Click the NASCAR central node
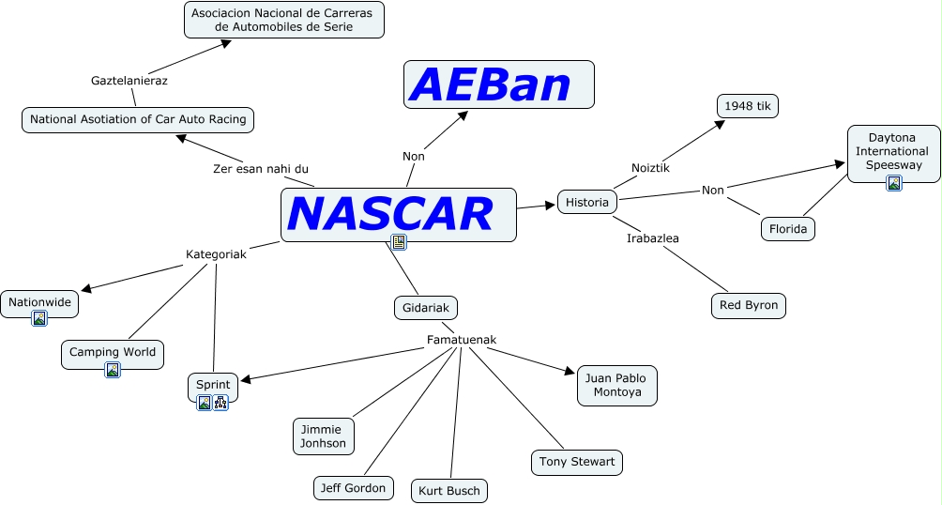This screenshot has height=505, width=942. [x=398, y=214]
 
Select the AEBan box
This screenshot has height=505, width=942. [x=498, y=84]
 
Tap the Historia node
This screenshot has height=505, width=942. [x=588, y=202]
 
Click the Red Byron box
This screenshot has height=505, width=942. [x=748, y=305]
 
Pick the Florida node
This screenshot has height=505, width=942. [x=787, y=228]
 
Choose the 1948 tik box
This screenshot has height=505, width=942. [x=747, y=106]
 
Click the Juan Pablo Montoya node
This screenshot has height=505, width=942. [x=616, y=385]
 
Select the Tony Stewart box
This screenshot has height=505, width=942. [x=576, y=462]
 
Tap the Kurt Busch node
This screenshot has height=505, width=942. [x=449, y=490]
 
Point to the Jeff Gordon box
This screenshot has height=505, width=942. [x=352, y=488]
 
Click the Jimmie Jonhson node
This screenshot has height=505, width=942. [x=324, y=436]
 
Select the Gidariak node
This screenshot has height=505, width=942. [x=425, y=307]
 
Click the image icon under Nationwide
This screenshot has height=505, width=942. [x=39, y=318]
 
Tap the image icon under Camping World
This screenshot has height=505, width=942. [x=113, y=370]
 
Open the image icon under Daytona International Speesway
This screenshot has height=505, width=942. [x=894, y=183]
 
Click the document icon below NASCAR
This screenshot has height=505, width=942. [x=399, y=242]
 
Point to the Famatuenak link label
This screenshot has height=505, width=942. [x=461, y=340]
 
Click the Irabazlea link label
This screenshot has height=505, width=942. [x=652, y=237]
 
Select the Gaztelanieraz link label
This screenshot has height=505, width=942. [x=129, y=81]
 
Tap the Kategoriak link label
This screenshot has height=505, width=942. [x=216, y=254]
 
